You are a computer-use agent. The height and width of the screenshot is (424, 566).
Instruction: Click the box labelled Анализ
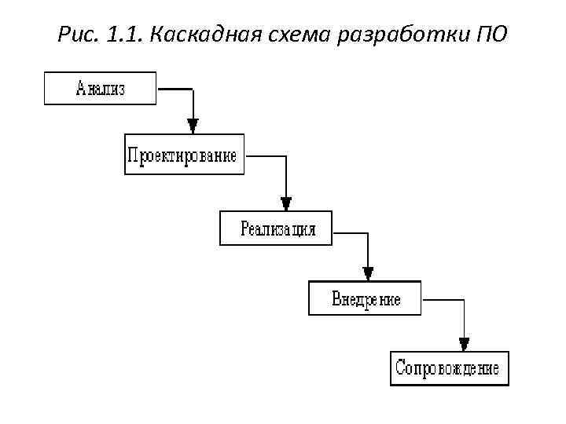pyautogui.click(x=100, y=88)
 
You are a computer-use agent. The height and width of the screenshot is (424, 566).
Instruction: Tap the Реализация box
pyautogui.click(x=277, y=228)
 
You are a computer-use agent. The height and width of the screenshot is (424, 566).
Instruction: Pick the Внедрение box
pyautogui.click(x=365, y=298)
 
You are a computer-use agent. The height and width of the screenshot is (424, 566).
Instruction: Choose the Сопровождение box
pyautogui.click(x=449, y=368)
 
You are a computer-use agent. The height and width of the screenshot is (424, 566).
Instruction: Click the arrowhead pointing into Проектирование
pyautogui.click(x=193, y=126)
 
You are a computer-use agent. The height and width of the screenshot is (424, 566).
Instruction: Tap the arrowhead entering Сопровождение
pyautogui.click(x=464, y=343)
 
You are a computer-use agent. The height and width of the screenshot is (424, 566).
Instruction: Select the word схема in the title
pyautogui.click(x=295, y=35)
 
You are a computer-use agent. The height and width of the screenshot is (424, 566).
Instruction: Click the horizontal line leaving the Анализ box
pyautogui.click(x=175, y=89)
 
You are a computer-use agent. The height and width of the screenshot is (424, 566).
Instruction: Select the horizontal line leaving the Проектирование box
pyautogui.click(x=266, y=156)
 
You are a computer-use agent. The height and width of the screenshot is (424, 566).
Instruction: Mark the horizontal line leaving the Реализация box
pyautogui.click(x=350, y=232)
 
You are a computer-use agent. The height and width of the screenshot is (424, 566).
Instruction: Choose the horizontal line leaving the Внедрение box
pyautogui.click(x=443, y=300)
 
